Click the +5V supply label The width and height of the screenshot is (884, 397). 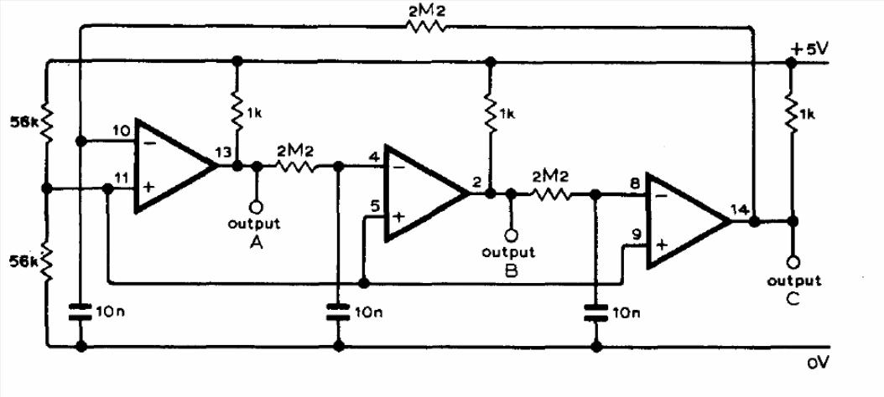[x=809, y=49]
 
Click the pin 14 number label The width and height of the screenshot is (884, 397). [x=740, y=209]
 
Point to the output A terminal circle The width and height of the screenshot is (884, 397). [x=256, y=207]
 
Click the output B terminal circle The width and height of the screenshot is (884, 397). [x=511, y=235]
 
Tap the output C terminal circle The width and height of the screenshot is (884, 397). [x=793, y=262]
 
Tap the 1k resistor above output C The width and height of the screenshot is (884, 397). [x=792, y=115]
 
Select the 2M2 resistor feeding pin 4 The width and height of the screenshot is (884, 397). [x=295, y=167]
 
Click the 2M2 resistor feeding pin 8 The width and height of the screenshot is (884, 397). [x=550, y=194]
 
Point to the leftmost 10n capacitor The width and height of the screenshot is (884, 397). [x=81, y=312]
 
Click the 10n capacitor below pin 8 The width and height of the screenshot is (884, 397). [x=595, y=312]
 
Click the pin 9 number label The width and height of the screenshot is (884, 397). [x=637, y=234]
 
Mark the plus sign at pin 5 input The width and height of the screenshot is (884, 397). [x=398, y=218]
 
